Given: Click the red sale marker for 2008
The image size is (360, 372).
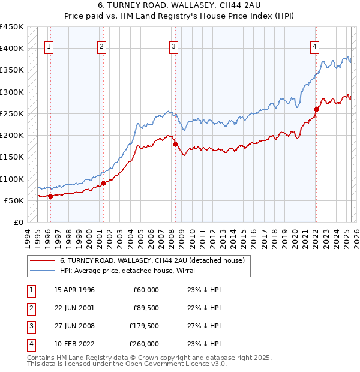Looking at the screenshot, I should point(175,144).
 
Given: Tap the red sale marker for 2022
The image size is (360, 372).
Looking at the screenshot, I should point(316,109).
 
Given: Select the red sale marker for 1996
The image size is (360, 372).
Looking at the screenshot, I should point(50,196).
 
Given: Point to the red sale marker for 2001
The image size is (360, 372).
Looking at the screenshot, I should point(103,183).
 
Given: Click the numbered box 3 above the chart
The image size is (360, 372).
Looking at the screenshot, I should point(173,47).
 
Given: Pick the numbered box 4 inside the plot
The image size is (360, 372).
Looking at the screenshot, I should point(314,47).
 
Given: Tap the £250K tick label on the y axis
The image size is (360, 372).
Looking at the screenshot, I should point(11,113).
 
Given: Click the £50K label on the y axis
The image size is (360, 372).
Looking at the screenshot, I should point(14,200).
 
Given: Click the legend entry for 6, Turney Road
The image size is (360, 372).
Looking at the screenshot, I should point(152,261).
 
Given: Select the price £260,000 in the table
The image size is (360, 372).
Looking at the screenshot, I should point(145,344).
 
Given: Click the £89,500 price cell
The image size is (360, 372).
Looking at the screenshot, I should point(146,308).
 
